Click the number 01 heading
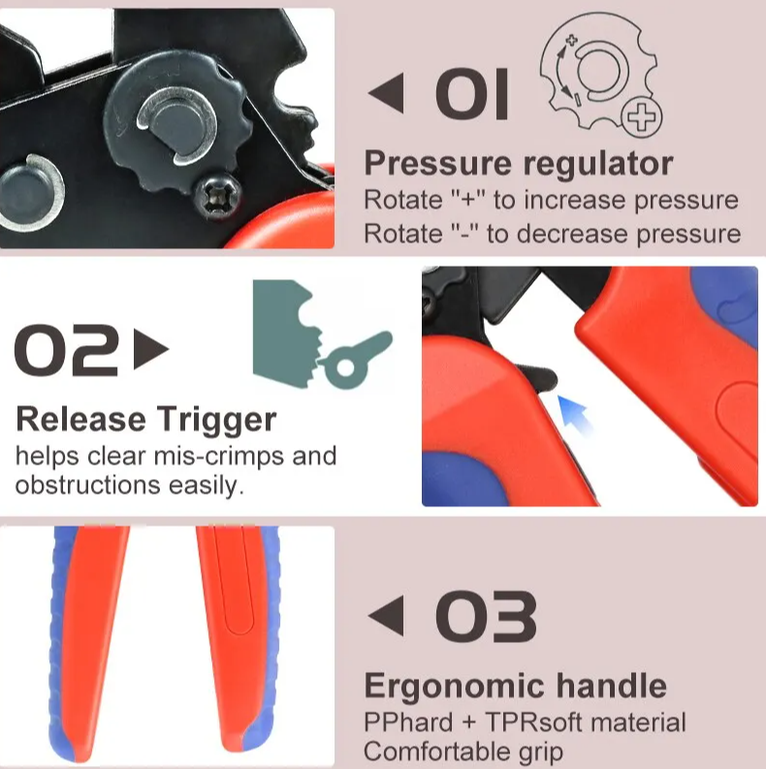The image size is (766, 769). [472, 94]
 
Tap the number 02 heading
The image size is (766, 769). [66, 350]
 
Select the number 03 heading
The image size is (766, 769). [486, 617]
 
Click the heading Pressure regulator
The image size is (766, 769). [519, 164]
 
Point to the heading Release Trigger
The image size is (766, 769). [146, 421]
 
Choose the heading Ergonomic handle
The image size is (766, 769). [516, 686]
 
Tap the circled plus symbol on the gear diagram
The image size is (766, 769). [642, 117]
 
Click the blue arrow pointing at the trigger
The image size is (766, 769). [576, 414]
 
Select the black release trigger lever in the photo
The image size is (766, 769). [537, 377]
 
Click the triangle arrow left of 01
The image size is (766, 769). [387, 93]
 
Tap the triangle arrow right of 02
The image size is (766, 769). [151, 349]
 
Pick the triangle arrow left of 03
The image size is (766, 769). [387, 616]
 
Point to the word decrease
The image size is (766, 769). [571, 234]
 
